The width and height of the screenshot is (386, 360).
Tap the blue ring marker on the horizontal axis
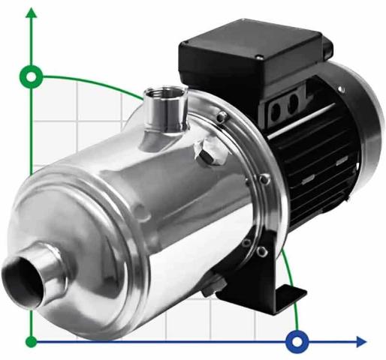pyautogui.click(x=297, y=342)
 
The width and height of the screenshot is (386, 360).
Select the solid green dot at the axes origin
pyautogui.click(x=32, y=342)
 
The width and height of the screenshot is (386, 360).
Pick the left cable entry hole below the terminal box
pyautogui.click(x=276, y=112)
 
